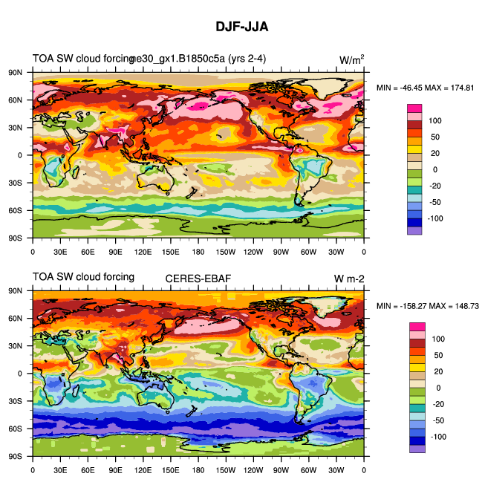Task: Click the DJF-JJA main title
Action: (242, 27)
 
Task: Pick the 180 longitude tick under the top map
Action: (198, 251)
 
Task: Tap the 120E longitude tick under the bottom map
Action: (143, 469)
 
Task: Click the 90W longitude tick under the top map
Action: (281, 251)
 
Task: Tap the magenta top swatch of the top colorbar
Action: (414, 108)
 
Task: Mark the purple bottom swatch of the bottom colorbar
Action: (414, 449)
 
